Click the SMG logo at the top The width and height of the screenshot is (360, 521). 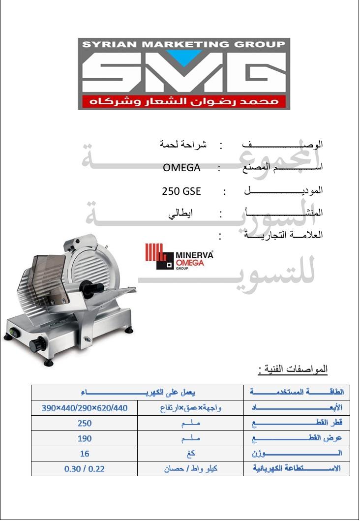point(183,74)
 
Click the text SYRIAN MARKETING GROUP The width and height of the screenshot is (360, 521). point(183,44)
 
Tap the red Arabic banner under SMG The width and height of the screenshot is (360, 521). point(183,102)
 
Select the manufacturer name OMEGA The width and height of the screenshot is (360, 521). point(181,168)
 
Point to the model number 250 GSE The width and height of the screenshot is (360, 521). point(181,191)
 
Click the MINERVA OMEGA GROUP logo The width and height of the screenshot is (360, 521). point(180,258)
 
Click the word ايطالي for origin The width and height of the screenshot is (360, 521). point(180,214)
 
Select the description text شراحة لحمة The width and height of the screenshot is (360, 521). point(183,145)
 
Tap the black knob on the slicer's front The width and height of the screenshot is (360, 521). point(38,344)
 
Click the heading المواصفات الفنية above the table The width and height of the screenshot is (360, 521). point(293,369)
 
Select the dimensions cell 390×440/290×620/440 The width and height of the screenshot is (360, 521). point(85,408)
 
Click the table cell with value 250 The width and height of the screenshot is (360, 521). point(85,423)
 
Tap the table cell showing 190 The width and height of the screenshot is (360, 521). point(85,438)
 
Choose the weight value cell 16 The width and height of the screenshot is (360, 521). point(85,454)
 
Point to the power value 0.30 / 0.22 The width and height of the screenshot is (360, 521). point(85,469)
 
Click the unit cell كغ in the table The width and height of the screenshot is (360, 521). point(191,454)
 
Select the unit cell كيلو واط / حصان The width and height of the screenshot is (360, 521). point(191,469)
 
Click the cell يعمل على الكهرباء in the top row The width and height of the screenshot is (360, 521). point(138,393)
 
